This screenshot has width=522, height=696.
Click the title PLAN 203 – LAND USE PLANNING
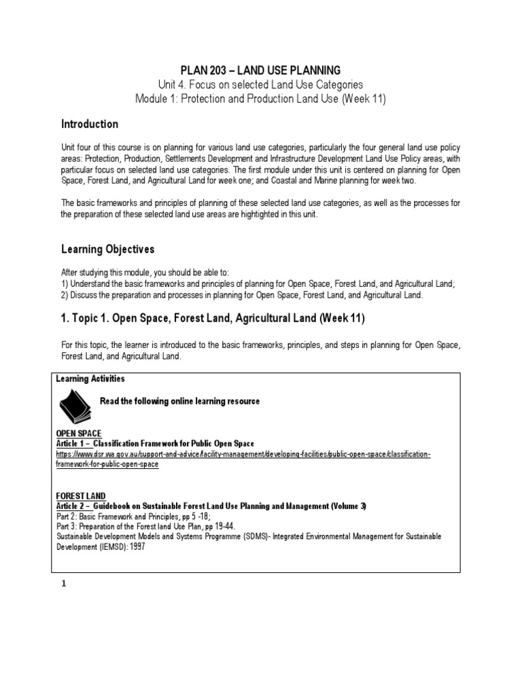260,71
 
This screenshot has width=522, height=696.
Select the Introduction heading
90,124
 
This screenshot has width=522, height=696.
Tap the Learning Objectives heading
108,249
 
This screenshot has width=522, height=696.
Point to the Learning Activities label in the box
90,379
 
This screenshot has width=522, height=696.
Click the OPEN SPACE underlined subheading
78,433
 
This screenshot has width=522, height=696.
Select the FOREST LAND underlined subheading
80,496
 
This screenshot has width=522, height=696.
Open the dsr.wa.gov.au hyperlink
243,455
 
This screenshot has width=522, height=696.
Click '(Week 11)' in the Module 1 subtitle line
364,99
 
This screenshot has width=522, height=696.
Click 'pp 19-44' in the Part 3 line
220,526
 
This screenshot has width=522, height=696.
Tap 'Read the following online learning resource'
179,401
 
